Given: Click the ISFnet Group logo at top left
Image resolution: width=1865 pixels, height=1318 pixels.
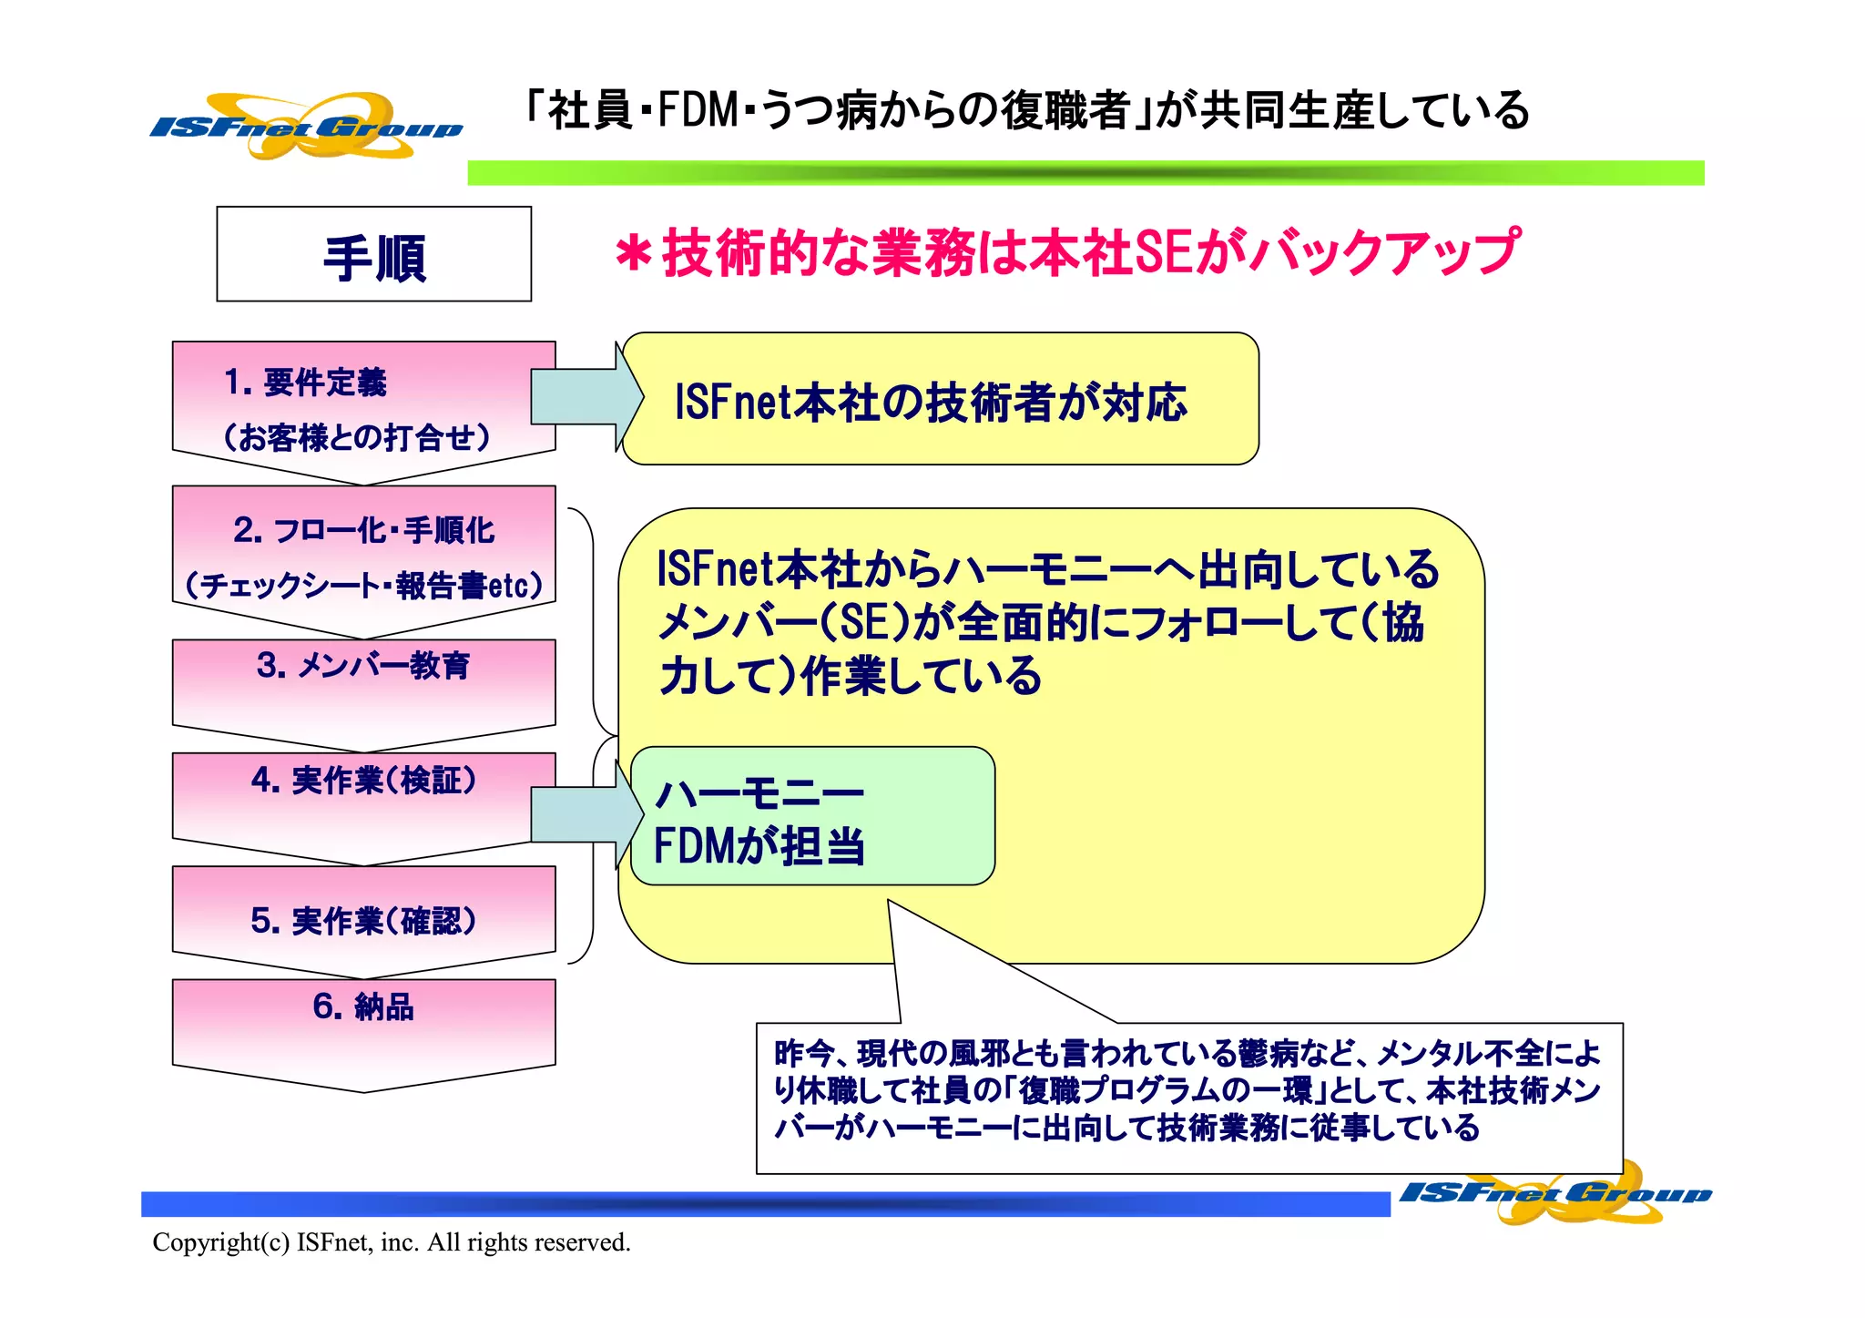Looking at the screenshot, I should click(306, 127).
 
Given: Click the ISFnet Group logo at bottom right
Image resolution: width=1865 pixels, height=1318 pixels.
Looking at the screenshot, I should click(1555, 1192).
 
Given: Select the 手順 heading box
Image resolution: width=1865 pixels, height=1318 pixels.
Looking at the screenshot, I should click(373, 254).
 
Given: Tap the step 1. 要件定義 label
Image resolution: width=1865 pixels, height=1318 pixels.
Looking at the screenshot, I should click(305, 383).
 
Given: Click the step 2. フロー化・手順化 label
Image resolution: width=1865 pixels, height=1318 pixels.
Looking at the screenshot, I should click(363, 530).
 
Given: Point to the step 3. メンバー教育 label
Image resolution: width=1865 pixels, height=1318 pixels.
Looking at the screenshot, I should click(363, 666).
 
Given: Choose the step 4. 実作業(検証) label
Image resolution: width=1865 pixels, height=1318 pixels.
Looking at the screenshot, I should click(363, 781).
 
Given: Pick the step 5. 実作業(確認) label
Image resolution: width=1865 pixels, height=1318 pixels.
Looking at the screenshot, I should click(363, 921).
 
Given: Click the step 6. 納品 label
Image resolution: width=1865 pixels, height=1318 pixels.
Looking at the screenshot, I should click(363, 1006).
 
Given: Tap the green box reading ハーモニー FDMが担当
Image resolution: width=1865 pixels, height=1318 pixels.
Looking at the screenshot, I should click(811, 816).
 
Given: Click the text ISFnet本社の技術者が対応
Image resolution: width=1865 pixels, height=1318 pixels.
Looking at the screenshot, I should click(930, 402).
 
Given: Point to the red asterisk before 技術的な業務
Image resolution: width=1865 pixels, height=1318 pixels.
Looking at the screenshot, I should click(633, 253).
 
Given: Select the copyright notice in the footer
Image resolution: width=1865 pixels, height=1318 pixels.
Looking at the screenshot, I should click(392, 1242).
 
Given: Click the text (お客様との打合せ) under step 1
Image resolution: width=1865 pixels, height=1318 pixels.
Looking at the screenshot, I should click(357, 438).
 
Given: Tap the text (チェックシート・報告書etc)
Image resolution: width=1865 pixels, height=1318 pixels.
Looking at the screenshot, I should click(363, 585).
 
